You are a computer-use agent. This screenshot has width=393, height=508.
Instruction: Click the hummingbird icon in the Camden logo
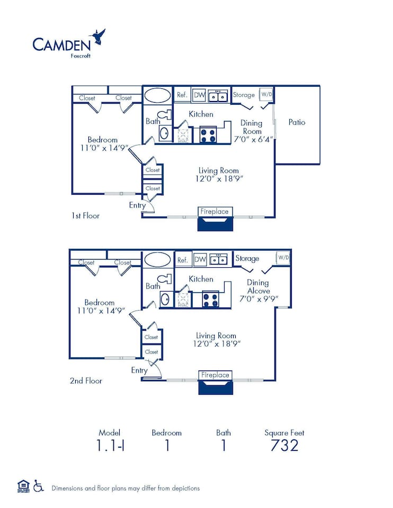(x=98, y=37)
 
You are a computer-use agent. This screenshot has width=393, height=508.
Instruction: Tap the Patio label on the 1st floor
(x=297, y=122)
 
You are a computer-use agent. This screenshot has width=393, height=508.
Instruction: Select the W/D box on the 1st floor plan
(x=266, y=95)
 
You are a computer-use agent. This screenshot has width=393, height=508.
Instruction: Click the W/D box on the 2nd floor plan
(x=283, y=258)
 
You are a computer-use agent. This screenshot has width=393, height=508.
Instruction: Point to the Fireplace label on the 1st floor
(x=215, y=212)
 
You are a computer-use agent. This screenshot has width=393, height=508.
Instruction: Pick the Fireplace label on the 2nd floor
(x=215, y=375)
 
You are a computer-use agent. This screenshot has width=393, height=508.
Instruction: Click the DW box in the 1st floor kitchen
(x=199, y=95)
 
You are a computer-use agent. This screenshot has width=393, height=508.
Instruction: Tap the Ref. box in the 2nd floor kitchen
(x=183, y=260)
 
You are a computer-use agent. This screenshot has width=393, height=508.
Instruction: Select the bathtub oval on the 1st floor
(x=158, y=95)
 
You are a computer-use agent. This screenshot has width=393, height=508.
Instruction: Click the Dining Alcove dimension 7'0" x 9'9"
(x=258, y=299)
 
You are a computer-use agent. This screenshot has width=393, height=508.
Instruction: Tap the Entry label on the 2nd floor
(x=139, y=370)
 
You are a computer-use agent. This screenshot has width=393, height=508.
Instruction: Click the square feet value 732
(x=284, y=446)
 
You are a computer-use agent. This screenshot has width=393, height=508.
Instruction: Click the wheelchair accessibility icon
(x=38, y=486)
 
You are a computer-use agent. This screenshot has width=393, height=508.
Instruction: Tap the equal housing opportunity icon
(x=23, y=486)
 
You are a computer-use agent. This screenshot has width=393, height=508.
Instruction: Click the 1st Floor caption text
(x=85, y=216)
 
